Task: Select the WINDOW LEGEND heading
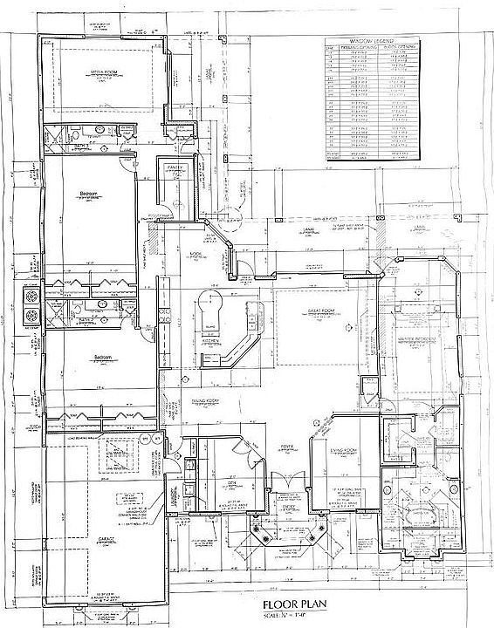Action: [370, 40]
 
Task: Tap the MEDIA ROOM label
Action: [106, 73]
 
